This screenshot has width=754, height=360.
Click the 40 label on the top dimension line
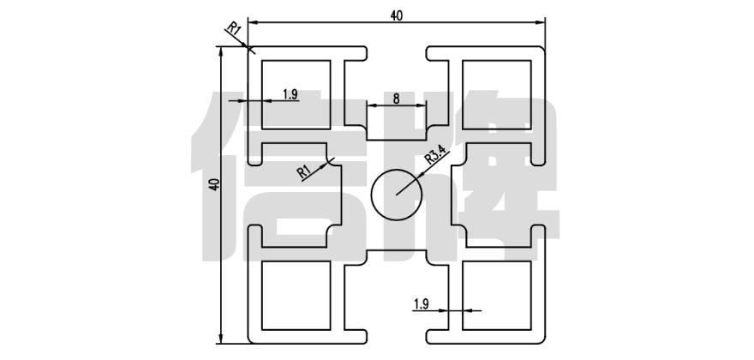click(x=396, y=14)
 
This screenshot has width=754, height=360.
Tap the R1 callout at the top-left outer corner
click(x=234, y=31)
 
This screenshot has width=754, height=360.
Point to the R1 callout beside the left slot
click(x=304, y=171)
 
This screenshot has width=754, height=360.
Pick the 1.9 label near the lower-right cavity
click(x=421, y=303)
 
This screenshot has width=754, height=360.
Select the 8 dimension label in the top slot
click(x=396, y=99)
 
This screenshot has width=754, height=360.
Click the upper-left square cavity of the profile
click(x=296, y=94)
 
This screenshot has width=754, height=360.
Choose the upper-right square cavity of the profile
click(x=496, y=94)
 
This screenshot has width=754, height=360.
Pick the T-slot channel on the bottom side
click(x=396, y=291)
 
